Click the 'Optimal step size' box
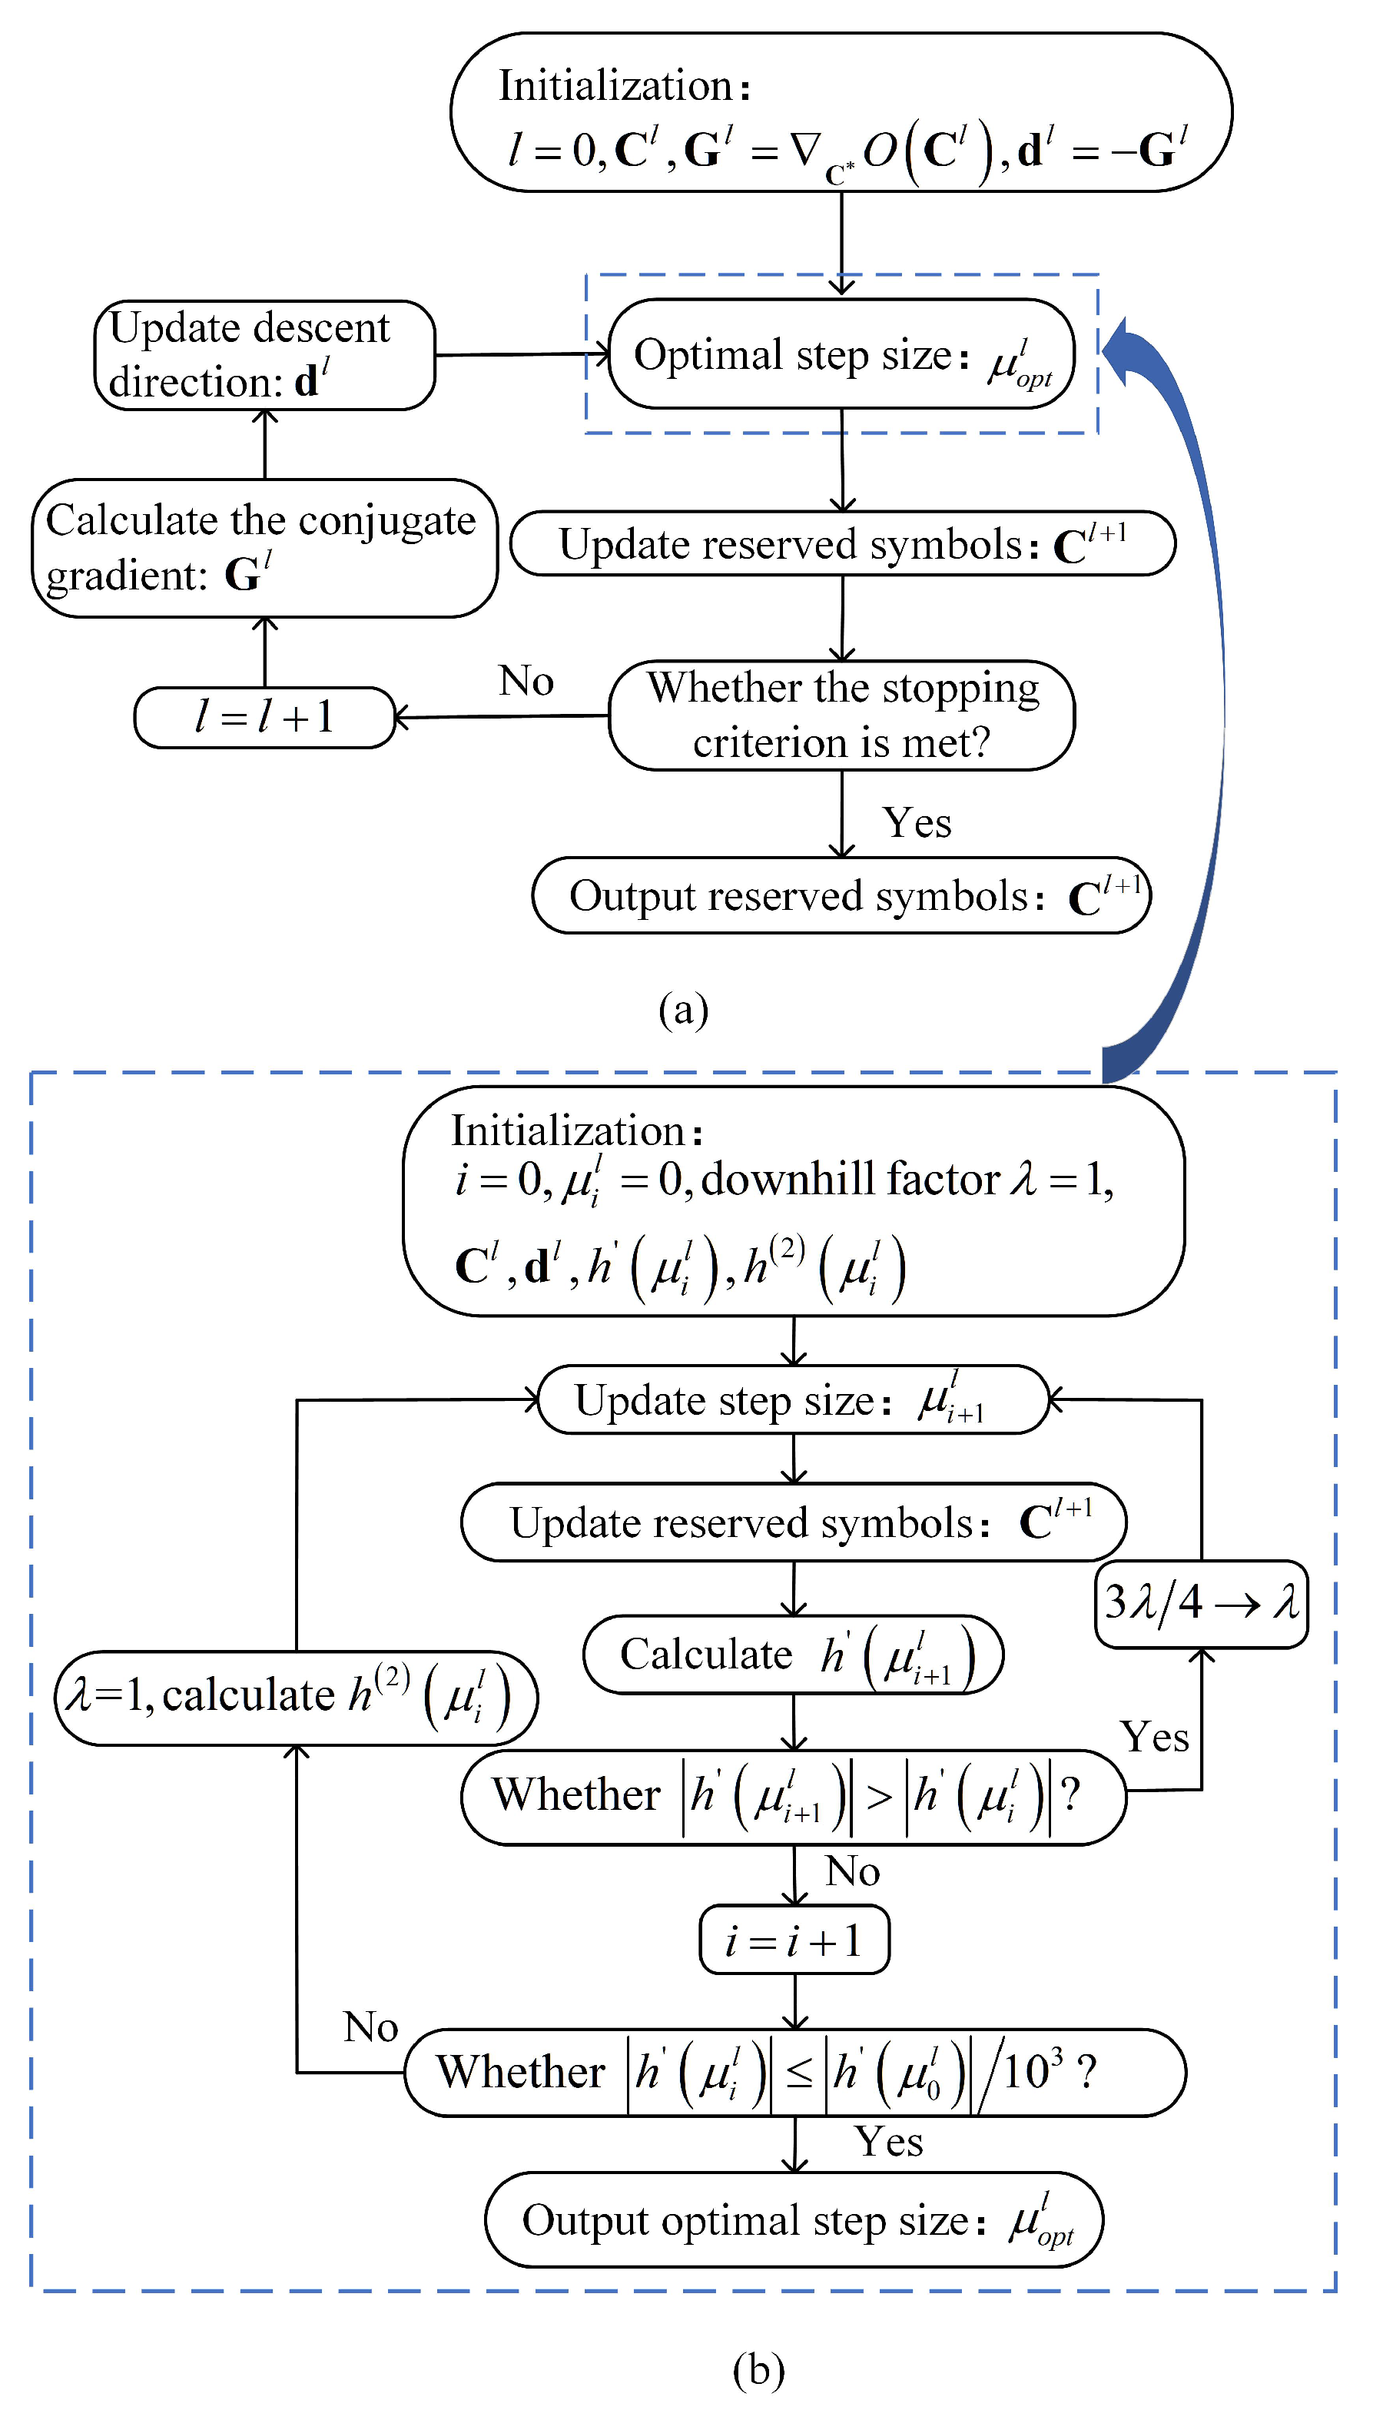(x=841, y=354)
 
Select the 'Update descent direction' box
(x=264, y=354)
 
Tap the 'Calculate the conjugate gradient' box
(x=264, y=548)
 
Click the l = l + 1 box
(x=264, y=718)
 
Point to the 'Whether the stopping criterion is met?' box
(x=841, y=715)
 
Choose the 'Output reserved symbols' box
(x=841, y=895)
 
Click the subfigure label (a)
(x=684, y=1009)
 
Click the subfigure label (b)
(x=758, y=2369)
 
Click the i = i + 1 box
(x=794, y=1941)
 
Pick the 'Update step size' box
(x=794, y=1399)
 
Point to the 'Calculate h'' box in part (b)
(x=794, y=1655)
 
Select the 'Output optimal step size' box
(x=794, y=2220)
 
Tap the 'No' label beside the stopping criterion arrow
(x=526, y=681)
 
